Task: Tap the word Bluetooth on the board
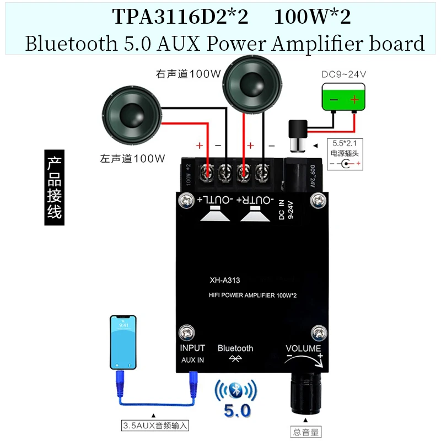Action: (x=235, y=348)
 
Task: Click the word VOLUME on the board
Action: (x=303, y=348)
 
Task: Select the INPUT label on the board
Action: (x=192, y=348)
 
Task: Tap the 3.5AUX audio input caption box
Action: (x=155, y=425)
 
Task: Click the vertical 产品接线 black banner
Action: (x=54, y=187)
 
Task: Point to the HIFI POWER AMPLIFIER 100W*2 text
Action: (x=253, y=297)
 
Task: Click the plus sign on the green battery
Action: (x=354, y=99)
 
